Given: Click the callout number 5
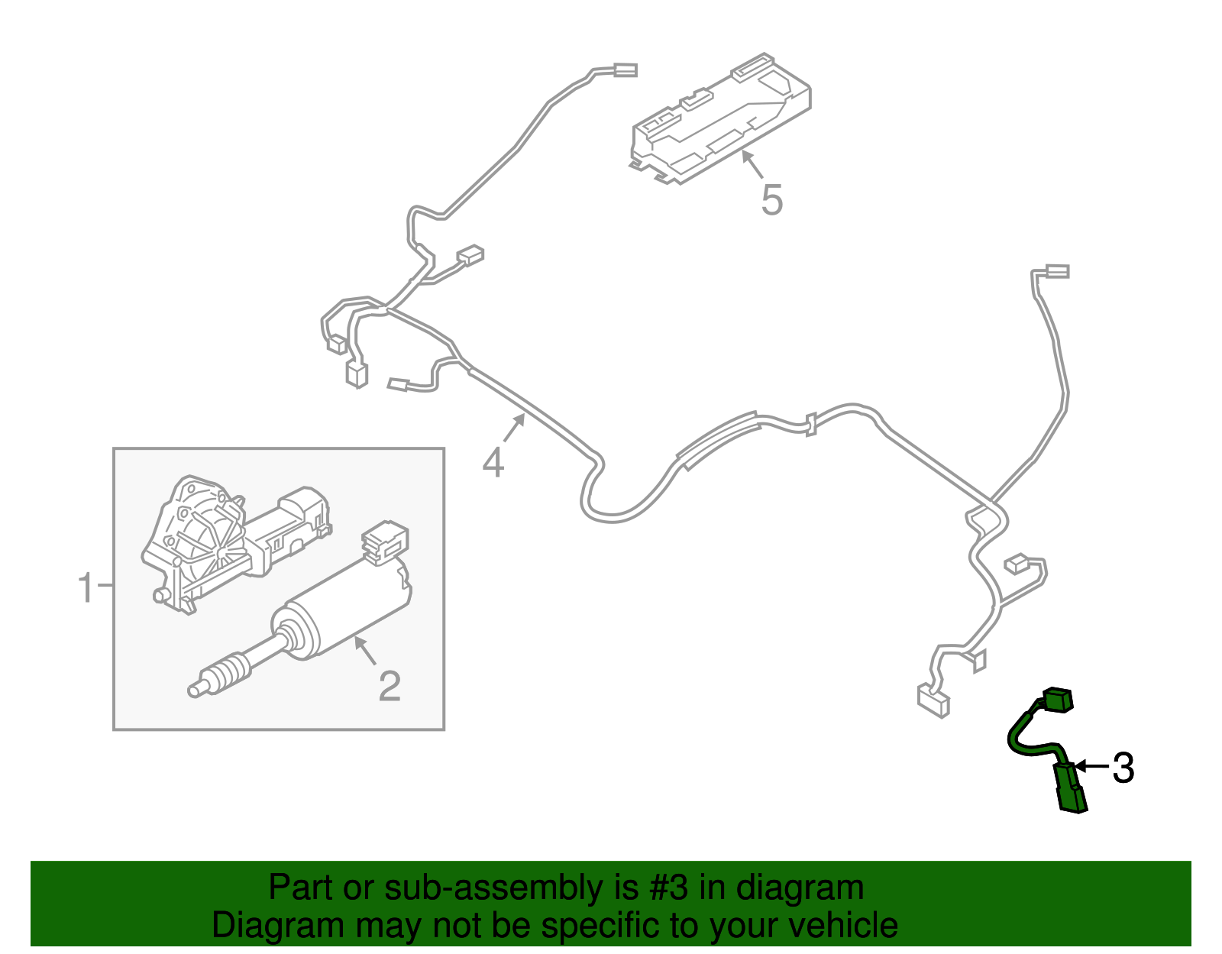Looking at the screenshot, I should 772,200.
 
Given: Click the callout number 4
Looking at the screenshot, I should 493,462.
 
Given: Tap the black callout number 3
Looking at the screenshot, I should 1123,768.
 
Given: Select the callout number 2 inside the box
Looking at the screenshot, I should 390,686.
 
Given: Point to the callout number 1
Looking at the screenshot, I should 86,588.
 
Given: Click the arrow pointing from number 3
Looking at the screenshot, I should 1092,766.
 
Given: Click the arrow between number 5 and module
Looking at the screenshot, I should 752,163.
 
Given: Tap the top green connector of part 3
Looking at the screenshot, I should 1057,699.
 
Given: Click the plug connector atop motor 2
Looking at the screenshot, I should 385,541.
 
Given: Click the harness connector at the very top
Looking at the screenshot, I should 625,70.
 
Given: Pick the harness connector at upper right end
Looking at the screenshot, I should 1057,271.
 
